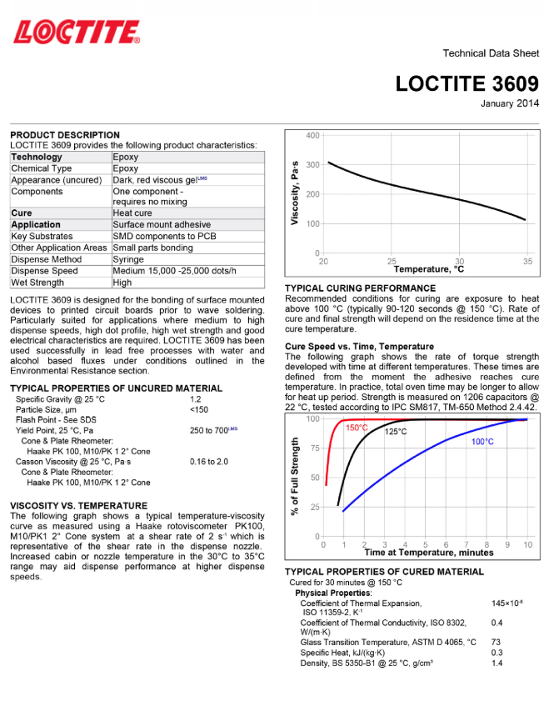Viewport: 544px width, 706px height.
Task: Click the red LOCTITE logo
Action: pos(76,33)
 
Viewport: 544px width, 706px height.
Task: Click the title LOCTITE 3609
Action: pos(467,84)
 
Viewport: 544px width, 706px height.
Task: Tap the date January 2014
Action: pos(509,103)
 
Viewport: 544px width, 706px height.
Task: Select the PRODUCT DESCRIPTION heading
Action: pos(65,135)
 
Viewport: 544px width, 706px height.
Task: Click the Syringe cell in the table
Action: pos(128,259)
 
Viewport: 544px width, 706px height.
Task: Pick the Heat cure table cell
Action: pos(132,213)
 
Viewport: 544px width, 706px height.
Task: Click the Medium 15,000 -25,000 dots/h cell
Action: pos(174,271)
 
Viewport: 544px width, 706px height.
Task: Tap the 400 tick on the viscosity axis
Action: pos(312,135)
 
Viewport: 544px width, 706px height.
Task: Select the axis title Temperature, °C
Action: pos(428,270)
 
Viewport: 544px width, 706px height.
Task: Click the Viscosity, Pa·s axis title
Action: pos(295,193)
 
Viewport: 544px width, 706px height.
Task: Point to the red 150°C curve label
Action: pos(357,428)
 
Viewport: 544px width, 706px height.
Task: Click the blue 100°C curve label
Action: pos(483,442)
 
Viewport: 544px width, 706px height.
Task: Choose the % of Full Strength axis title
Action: pos(295,478)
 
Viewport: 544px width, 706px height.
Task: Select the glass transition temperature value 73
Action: pos(496,642)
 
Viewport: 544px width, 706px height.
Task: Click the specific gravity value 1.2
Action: pos(196,399)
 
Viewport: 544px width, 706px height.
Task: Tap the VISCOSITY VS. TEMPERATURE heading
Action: pos(78,505)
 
